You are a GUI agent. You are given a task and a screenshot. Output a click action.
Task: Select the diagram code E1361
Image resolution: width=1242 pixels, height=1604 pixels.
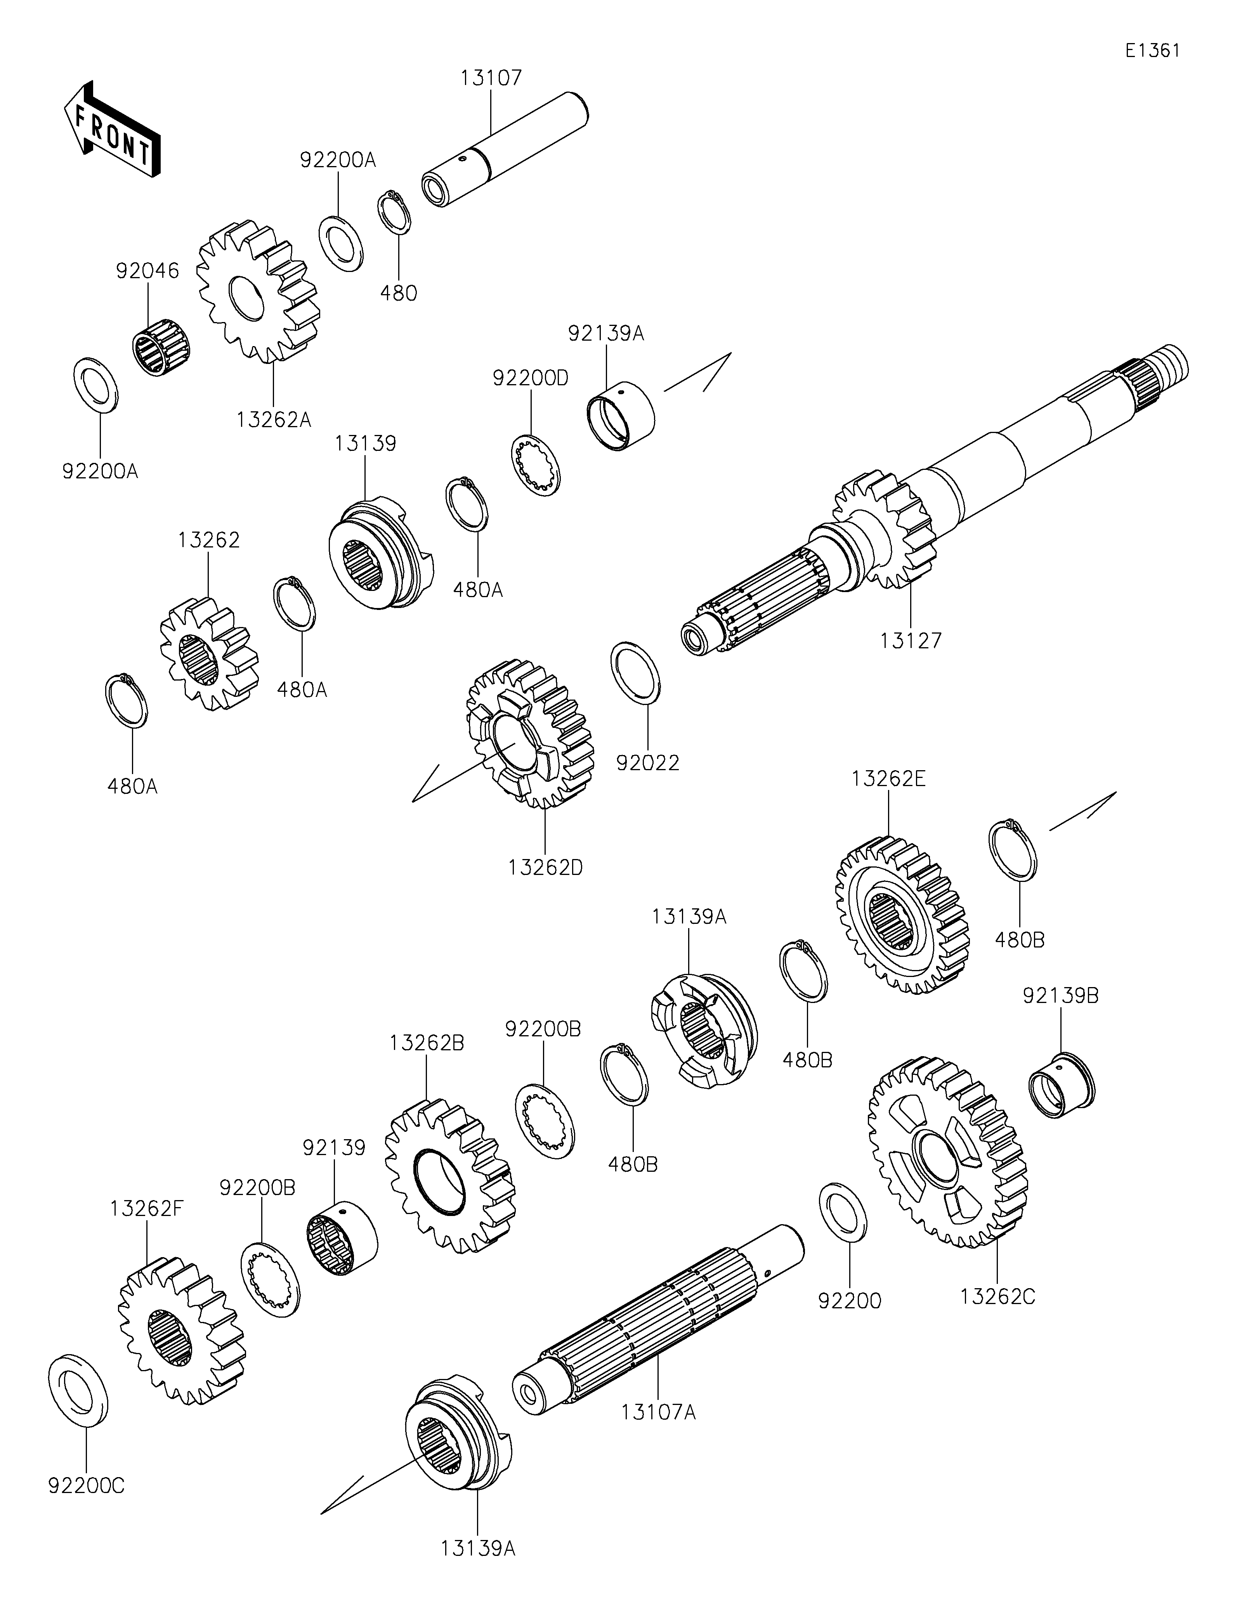click(1153, 51)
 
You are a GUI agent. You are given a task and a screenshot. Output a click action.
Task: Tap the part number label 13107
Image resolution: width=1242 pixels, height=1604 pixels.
click(491, 77)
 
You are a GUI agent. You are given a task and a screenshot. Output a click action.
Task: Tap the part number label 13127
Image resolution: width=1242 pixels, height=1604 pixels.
click(911, 641)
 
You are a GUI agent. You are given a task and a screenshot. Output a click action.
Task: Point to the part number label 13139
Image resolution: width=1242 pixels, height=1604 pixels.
click(366, 443)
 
